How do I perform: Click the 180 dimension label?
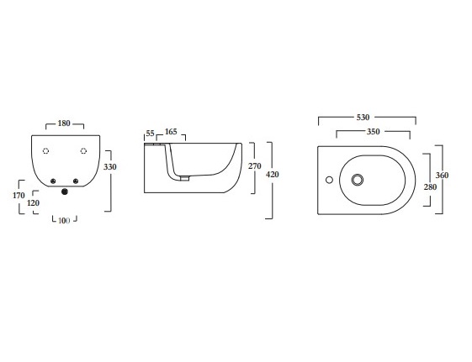[64, 123]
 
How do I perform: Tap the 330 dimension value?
[110, 166]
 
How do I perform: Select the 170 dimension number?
[19, 195]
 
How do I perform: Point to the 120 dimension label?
[33, 202]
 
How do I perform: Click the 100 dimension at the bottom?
[64, 221]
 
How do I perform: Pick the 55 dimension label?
[150, 133]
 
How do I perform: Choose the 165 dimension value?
[171, 132]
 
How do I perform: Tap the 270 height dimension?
[255, 165]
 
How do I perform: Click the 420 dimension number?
[273, 174]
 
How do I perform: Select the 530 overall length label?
[363, 117]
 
